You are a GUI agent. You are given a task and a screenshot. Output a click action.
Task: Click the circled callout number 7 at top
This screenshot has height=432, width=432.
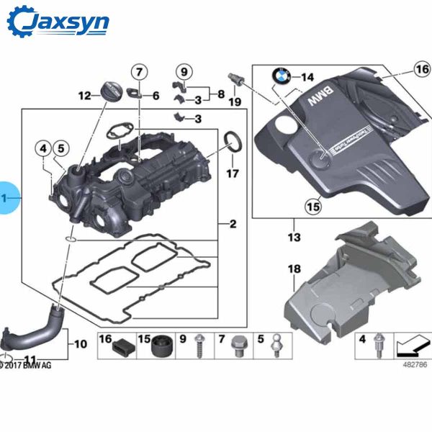[138, 71]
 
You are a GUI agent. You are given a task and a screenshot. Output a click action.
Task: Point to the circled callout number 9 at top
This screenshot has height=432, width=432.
[184, 71]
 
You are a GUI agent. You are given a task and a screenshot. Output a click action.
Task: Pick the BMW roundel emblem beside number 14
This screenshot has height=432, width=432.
[280, 77]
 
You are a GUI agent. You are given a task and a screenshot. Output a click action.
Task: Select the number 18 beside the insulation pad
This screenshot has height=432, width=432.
[294, 269]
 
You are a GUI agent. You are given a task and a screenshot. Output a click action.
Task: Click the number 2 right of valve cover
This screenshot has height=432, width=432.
[233, 225]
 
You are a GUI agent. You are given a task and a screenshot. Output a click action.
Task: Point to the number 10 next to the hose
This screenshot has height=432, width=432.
[80, 344]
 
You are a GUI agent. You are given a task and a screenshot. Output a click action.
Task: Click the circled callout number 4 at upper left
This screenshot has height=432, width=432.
[45, 148]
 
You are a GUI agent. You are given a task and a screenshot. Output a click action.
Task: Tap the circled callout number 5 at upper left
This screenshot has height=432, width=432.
[60, 148]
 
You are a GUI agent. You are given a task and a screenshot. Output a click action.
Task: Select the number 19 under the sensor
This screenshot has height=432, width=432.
[234, 102]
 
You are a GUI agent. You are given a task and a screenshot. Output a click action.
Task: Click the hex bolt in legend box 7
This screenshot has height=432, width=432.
[238, 352]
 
